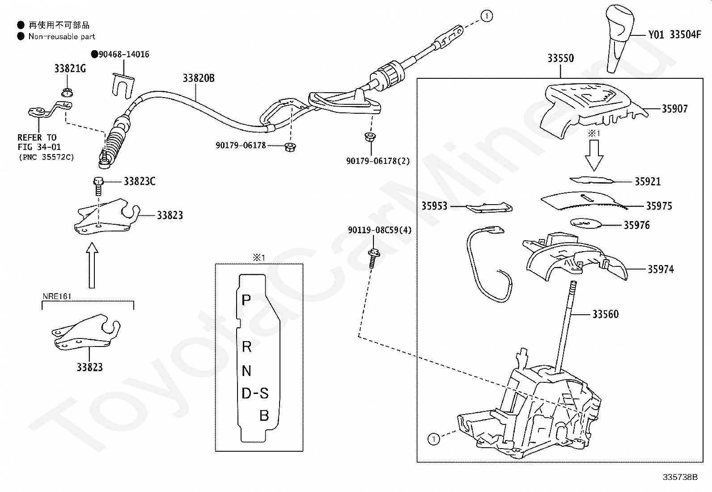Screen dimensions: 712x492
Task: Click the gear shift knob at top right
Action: [619, 38]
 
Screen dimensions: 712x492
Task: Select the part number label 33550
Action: [561, 58]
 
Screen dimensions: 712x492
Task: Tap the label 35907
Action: [674, 109]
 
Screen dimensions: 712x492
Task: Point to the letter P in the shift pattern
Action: [246, 300]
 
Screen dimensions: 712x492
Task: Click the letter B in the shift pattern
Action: [264, 415]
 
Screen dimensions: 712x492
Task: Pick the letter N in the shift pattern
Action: [246, 371]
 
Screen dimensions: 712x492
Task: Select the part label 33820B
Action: [199, 78]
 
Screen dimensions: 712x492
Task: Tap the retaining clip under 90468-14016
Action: [123, 86]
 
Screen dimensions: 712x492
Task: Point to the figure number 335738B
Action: [680, 477]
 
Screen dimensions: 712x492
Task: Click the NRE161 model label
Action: [57, 296]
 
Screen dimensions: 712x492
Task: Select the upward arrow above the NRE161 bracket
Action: [92, 265]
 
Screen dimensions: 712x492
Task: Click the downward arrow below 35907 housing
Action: [594, 155]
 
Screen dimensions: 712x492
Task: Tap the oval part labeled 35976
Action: [586, 223]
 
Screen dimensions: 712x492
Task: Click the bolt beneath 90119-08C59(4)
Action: [373, 258]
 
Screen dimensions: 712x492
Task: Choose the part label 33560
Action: [606, 314]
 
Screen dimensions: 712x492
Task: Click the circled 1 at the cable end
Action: [487, 16]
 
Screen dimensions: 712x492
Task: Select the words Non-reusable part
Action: [62, 37]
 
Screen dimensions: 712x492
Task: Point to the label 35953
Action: [434, 206]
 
